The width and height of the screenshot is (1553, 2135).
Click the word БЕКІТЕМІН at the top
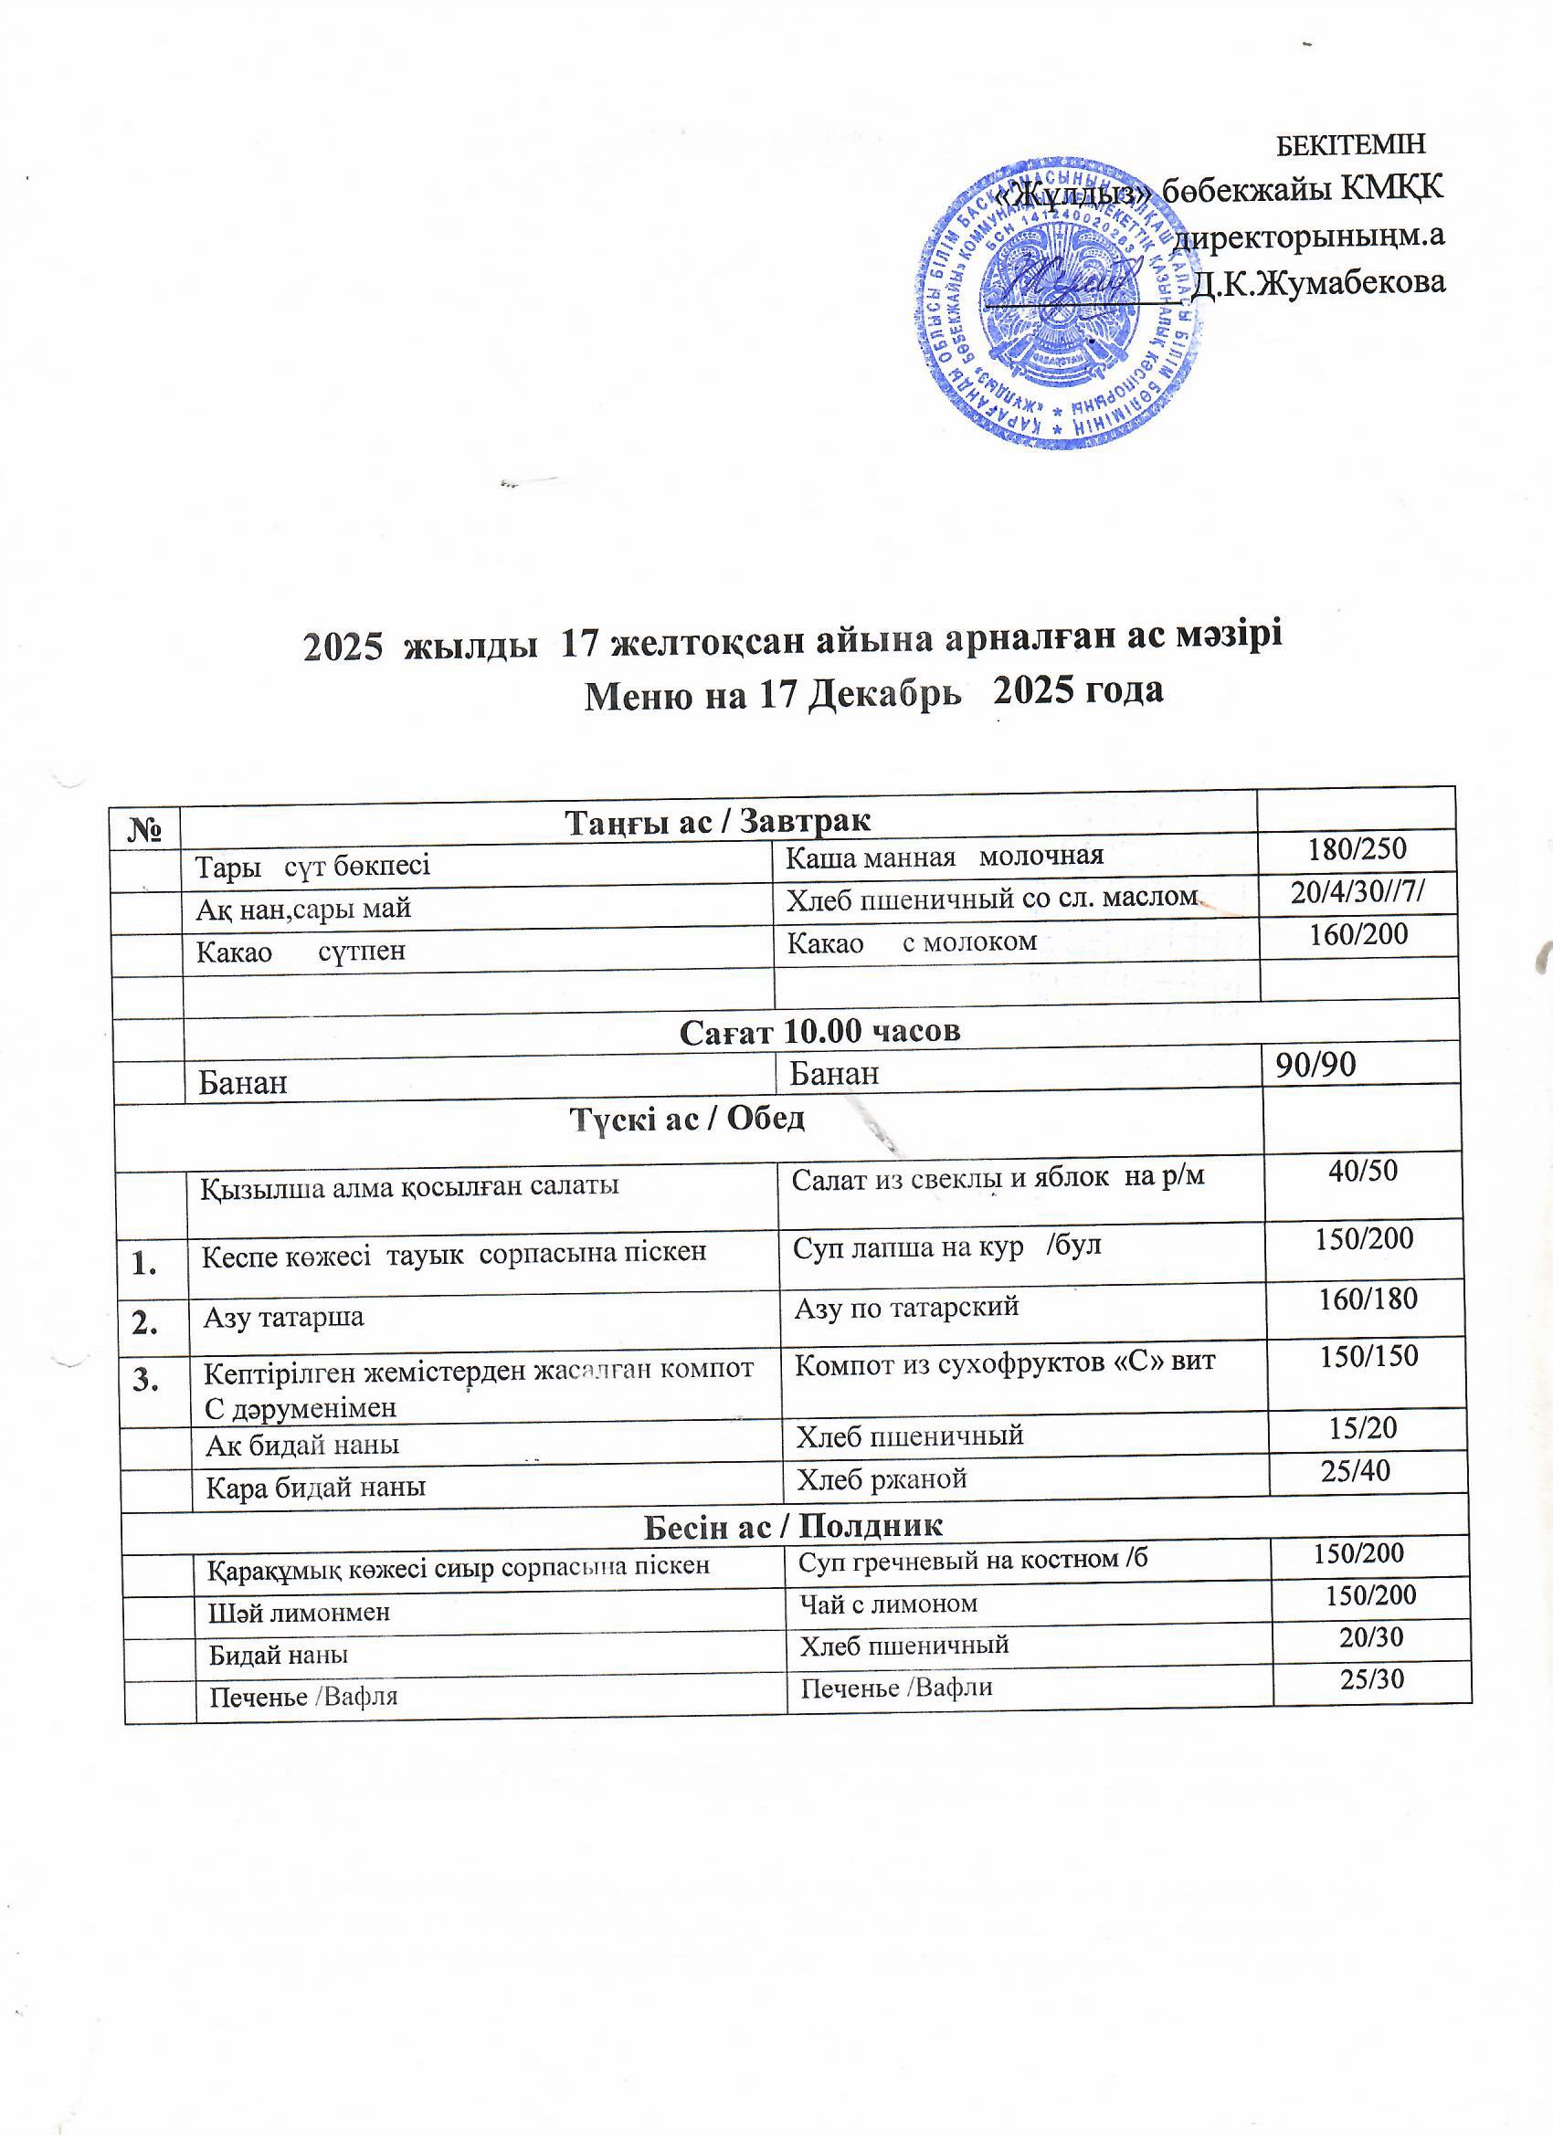1349,145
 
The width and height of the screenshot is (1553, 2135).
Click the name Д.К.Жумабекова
1317,282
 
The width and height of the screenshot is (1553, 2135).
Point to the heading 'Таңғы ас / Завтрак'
718,821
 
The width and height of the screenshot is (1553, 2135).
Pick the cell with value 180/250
1358,849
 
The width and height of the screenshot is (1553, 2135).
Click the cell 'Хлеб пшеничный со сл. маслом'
992,898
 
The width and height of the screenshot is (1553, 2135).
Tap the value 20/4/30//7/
1358,891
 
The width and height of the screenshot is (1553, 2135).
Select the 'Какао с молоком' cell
912,941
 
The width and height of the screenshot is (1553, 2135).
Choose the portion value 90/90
1315,1064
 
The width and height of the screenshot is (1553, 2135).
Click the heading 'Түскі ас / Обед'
688,1119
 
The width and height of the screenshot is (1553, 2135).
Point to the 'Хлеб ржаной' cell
882,1478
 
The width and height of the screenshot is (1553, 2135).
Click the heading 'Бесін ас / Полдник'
793,1526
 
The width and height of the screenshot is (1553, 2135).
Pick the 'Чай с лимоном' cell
888,1604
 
